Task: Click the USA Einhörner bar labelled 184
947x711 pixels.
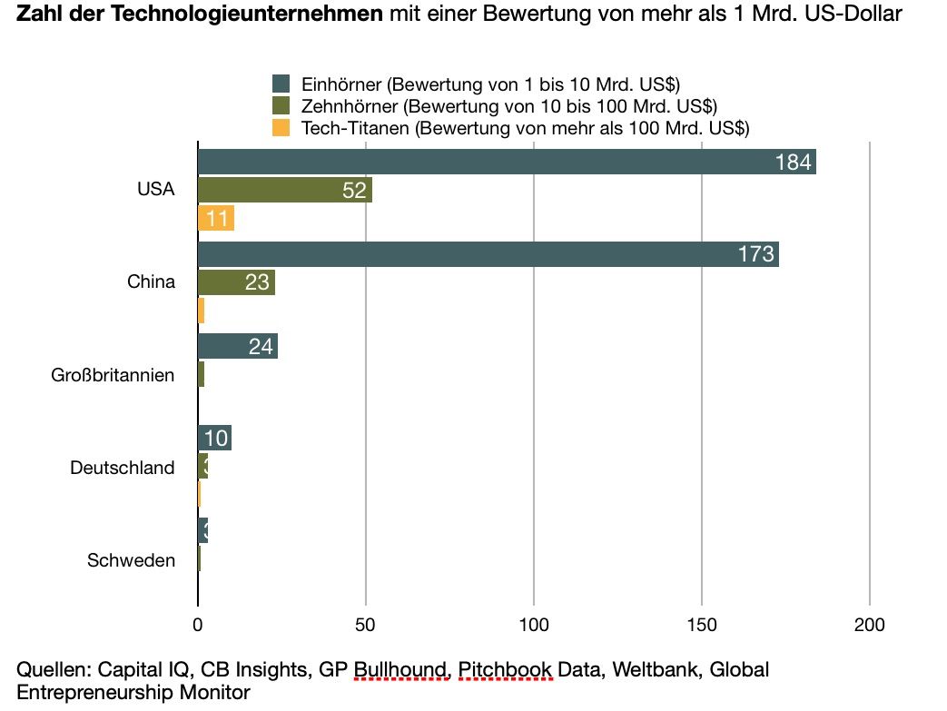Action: point(507,162)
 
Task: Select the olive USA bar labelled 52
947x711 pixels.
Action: point(284,190)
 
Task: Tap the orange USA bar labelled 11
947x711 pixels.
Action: point(216,219)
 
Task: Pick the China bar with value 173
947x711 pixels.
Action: point(488,254)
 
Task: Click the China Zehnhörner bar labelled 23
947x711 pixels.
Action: point(236,282)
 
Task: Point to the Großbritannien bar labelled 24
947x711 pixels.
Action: point(237,346)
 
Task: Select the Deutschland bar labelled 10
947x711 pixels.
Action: point(214,438)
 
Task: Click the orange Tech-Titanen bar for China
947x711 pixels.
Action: point(201,311)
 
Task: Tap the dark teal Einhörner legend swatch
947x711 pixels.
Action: point(281,85)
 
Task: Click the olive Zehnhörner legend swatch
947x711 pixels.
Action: point(281,106)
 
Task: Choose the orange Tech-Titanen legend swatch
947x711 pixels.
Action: point(281,127)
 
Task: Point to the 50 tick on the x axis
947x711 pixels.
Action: point(366,625)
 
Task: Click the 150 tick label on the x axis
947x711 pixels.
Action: point(702,625)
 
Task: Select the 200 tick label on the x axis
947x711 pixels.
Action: point(870,625)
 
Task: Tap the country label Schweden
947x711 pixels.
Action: point(131,560)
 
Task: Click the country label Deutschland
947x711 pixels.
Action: point(122,469)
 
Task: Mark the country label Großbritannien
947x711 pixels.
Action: point(113,374)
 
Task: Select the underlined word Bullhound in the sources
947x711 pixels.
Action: point(400,670)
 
